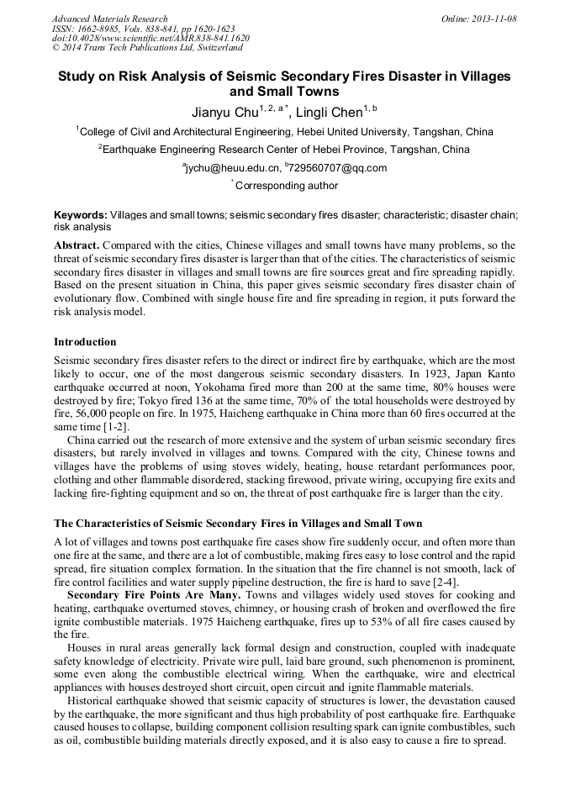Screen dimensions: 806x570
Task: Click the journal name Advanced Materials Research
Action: pyautogui.click(x=109, y=18)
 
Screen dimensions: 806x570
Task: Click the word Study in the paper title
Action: pyautogui.click(x=77, y=76)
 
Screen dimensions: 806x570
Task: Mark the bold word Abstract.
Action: pyautogui.click(x=75, y=245)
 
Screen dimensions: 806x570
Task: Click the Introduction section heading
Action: pyautogui.click(x=85, y=342)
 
